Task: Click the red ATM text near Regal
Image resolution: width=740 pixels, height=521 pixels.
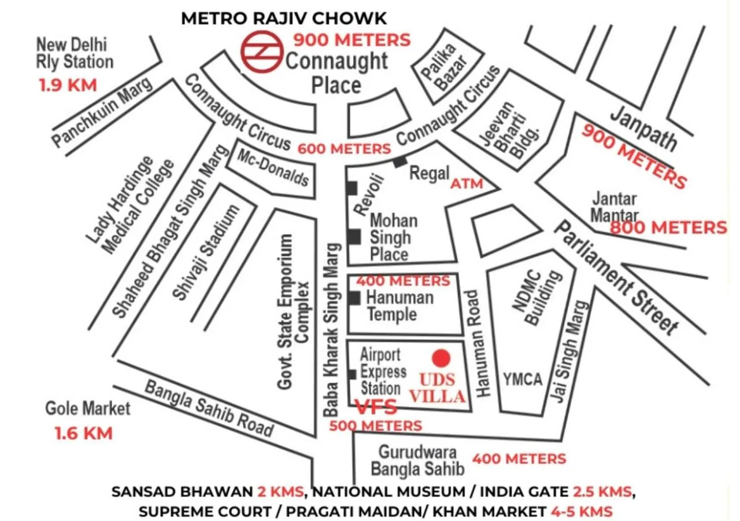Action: pos(466,184)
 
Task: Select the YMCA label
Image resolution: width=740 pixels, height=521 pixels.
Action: pos(522,379)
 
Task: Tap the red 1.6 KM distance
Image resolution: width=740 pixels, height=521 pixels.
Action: pos(83,432)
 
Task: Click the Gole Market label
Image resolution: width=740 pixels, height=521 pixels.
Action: pos(88,409)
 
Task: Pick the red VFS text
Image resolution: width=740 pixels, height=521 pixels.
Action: pos(376,407)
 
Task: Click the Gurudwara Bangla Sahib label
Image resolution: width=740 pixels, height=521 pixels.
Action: pos(418,460)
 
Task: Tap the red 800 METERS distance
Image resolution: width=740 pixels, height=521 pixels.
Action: pos(668,228)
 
